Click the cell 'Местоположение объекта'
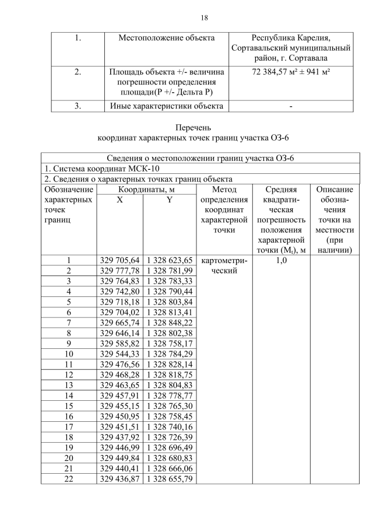167,38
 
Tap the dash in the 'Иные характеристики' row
290,106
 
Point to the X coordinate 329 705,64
119,260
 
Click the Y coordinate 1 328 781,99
169,271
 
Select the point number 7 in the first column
69,322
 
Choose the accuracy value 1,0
280,260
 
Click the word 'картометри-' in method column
224,260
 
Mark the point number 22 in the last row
69,479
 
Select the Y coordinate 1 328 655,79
169,479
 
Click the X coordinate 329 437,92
119,437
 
